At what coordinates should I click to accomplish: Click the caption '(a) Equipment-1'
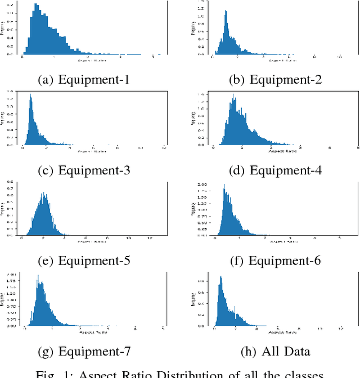(83, 79)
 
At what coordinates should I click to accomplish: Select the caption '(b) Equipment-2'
(275, 79)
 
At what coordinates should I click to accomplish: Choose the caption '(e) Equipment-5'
(83, 261)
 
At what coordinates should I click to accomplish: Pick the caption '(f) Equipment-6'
(275, 261)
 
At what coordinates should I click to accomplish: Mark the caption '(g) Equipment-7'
(83, 352)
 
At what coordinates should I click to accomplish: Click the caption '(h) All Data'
(275, 352)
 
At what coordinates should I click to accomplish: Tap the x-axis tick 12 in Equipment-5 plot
(149, 238)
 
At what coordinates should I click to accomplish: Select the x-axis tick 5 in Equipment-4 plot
(358, 148)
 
